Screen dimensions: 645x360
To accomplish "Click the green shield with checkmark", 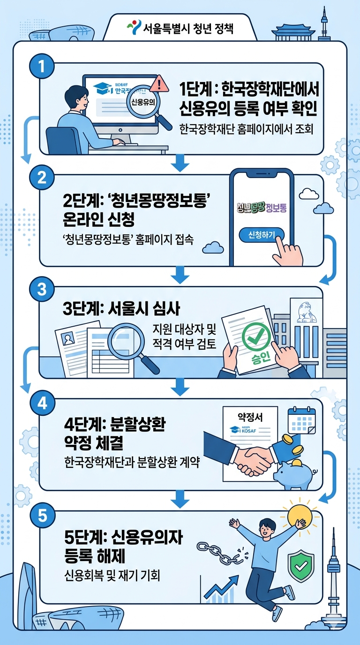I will [x=300, y=566].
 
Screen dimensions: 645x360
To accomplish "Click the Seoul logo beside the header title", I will [x=134, y=28].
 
